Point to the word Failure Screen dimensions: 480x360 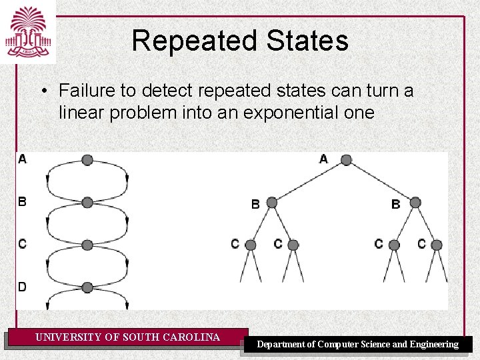point(84,90)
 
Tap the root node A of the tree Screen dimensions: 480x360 point(346,160)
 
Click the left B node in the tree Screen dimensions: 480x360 point(271,203)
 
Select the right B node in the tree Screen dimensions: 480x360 point(415,203)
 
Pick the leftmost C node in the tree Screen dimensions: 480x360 point(251,245)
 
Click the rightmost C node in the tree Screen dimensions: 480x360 point(437,245)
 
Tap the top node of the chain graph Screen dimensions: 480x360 point(87,160)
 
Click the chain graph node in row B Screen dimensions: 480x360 point(87,203)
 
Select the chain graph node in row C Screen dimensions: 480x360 point(87,245)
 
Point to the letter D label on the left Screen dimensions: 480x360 point(23,287)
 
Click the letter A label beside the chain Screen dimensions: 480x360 point(23,159)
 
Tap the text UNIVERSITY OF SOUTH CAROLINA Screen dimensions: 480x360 point(127,337)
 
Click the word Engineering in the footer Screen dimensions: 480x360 point(434,345)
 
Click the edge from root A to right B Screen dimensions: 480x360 point(381,181)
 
